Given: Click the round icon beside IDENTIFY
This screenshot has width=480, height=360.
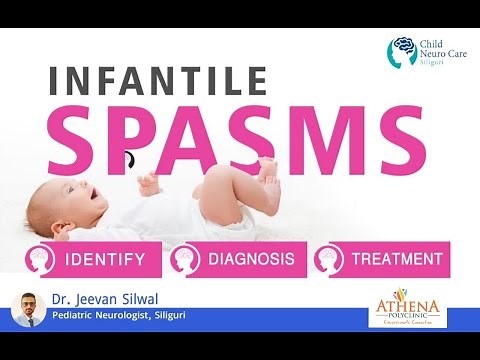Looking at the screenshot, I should pos(41,260).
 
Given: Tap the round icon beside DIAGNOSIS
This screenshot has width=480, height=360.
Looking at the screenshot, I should pos(186,260).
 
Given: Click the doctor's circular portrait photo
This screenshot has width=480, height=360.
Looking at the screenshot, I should pos(29,309).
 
